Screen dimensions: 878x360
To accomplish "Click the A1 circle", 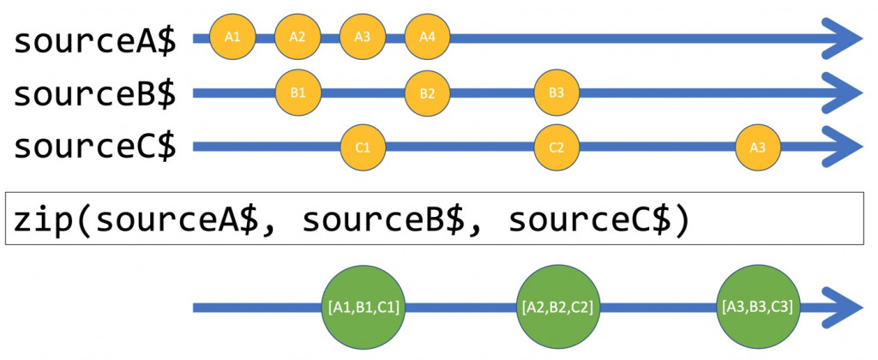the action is (232, 37).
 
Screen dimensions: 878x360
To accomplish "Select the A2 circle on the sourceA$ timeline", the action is (298, 37).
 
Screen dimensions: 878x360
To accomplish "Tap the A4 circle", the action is (427, 37).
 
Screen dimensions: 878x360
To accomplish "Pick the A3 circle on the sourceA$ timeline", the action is (363, 37).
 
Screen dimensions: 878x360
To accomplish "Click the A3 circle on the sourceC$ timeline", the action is (758, 147).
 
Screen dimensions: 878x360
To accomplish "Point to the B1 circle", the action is (298, 93).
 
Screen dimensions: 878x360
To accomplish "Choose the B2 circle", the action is (427, 93).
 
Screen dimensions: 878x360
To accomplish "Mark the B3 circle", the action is (556, 93).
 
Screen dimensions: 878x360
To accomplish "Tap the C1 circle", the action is (363, 147).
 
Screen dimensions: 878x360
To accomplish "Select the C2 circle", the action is (556, 147).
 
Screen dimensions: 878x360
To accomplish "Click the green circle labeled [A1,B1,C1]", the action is (364, 307).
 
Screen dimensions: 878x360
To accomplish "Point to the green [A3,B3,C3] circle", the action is (758, 307).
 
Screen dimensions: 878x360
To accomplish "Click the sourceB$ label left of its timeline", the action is (94, 94).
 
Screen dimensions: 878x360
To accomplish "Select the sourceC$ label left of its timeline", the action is (94, 147).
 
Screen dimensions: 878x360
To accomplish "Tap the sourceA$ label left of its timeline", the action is (94, 41).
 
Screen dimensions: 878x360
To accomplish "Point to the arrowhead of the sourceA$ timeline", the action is (842, 38).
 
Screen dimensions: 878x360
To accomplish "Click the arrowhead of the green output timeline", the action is (842, 308).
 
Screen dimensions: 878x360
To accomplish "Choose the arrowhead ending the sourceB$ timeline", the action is (842, 93).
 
